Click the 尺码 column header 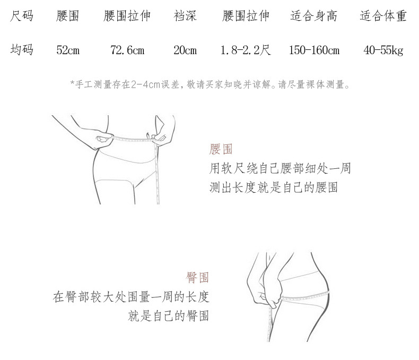(22, 16)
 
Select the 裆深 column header (185, 16)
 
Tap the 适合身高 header (313, 16)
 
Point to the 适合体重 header (383, 16)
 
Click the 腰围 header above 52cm (68, 16)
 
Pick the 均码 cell (22, 50)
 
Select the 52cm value (68, 50)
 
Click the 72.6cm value (127, 50)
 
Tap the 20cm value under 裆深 (185, 50)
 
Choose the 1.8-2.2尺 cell (246, 50)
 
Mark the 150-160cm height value (314, 50)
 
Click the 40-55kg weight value (383, 50)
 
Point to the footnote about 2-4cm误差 (210, 84)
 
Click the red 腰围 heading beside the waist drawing (221, 149)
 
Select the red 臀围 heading (197, 277)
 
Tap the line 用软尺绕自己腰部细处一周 (280, 169)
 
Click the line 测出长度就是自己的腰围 (274, 187)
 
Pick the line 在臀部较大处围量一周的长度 (130, 297)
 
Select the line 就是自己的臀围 (169, 316)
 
